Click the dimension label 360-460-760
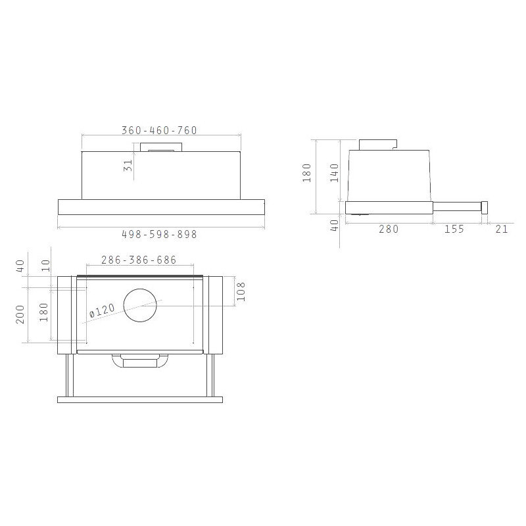click(159, 130)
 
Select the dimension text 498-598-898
click(159, 234)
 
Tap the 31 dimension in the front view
click(128, 165)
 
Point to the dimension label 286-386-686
click(139, 260)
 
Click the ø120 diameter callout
click(103, 310)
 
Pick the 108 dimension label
click(241, 291)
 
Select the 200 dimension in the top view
click(20, 314)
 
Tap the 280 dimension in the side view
click(389, 229)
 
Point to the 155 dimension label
click(454, 229)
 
